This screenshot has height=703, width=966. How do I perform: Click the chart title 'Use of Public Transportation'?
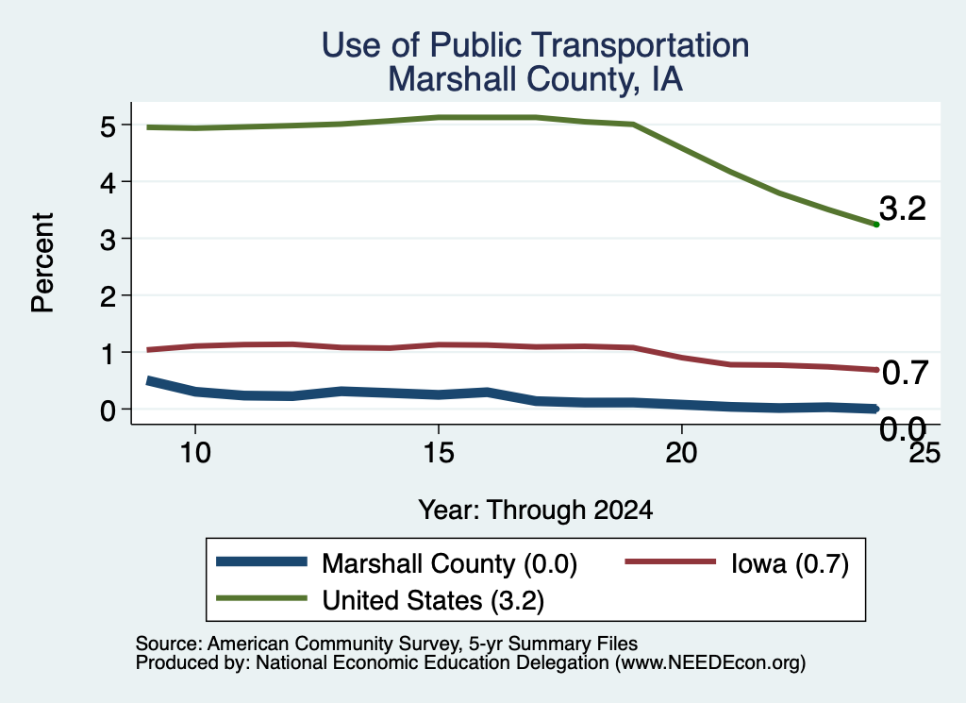pos(536,45)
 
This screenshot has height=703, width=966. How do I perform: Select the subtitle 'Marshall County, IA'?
pos(536,79)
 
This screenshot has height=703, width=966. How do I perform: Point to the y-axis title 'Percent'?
pos(42,262)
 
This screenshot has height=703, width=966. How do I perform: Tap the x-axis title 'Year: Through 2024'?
pos(536,511)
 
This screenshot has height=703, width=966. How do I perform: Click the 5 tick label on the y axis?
pos(108,126)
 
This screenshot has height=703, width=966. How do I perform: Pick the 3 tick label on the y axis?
pos(108,240)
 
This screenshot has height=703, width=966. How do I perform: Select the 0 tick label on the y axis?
pos(108,410)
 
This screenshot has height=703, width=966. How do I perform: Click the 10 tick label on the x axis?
pos(195,453)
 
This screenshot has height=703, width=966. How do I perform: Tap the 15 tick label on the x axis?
pos(439,453)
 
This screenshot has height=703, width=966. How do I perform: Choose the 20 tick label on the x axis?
pos(681,453)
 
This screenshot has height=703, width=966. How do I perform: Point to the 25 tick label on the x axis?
pos(924,453)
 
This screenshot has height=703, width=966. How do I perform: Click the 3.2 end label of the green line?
pos(903,209)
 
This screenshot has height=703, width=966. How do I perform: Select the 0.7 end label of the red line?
pos(905,373)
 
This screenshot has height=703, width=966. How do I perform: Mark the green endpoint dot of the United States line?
pos(876,225)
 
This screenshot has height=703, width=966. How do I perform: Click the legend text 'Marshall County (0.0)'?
pos(450,563)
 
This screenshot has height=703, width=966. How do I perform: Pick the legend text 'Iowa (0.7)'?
pos(791,563)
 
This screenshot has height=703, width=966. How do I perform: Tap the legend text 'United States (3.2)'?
pos(433,600)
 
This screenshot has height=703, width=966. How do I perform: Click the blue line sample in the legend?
pos(262,561)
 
